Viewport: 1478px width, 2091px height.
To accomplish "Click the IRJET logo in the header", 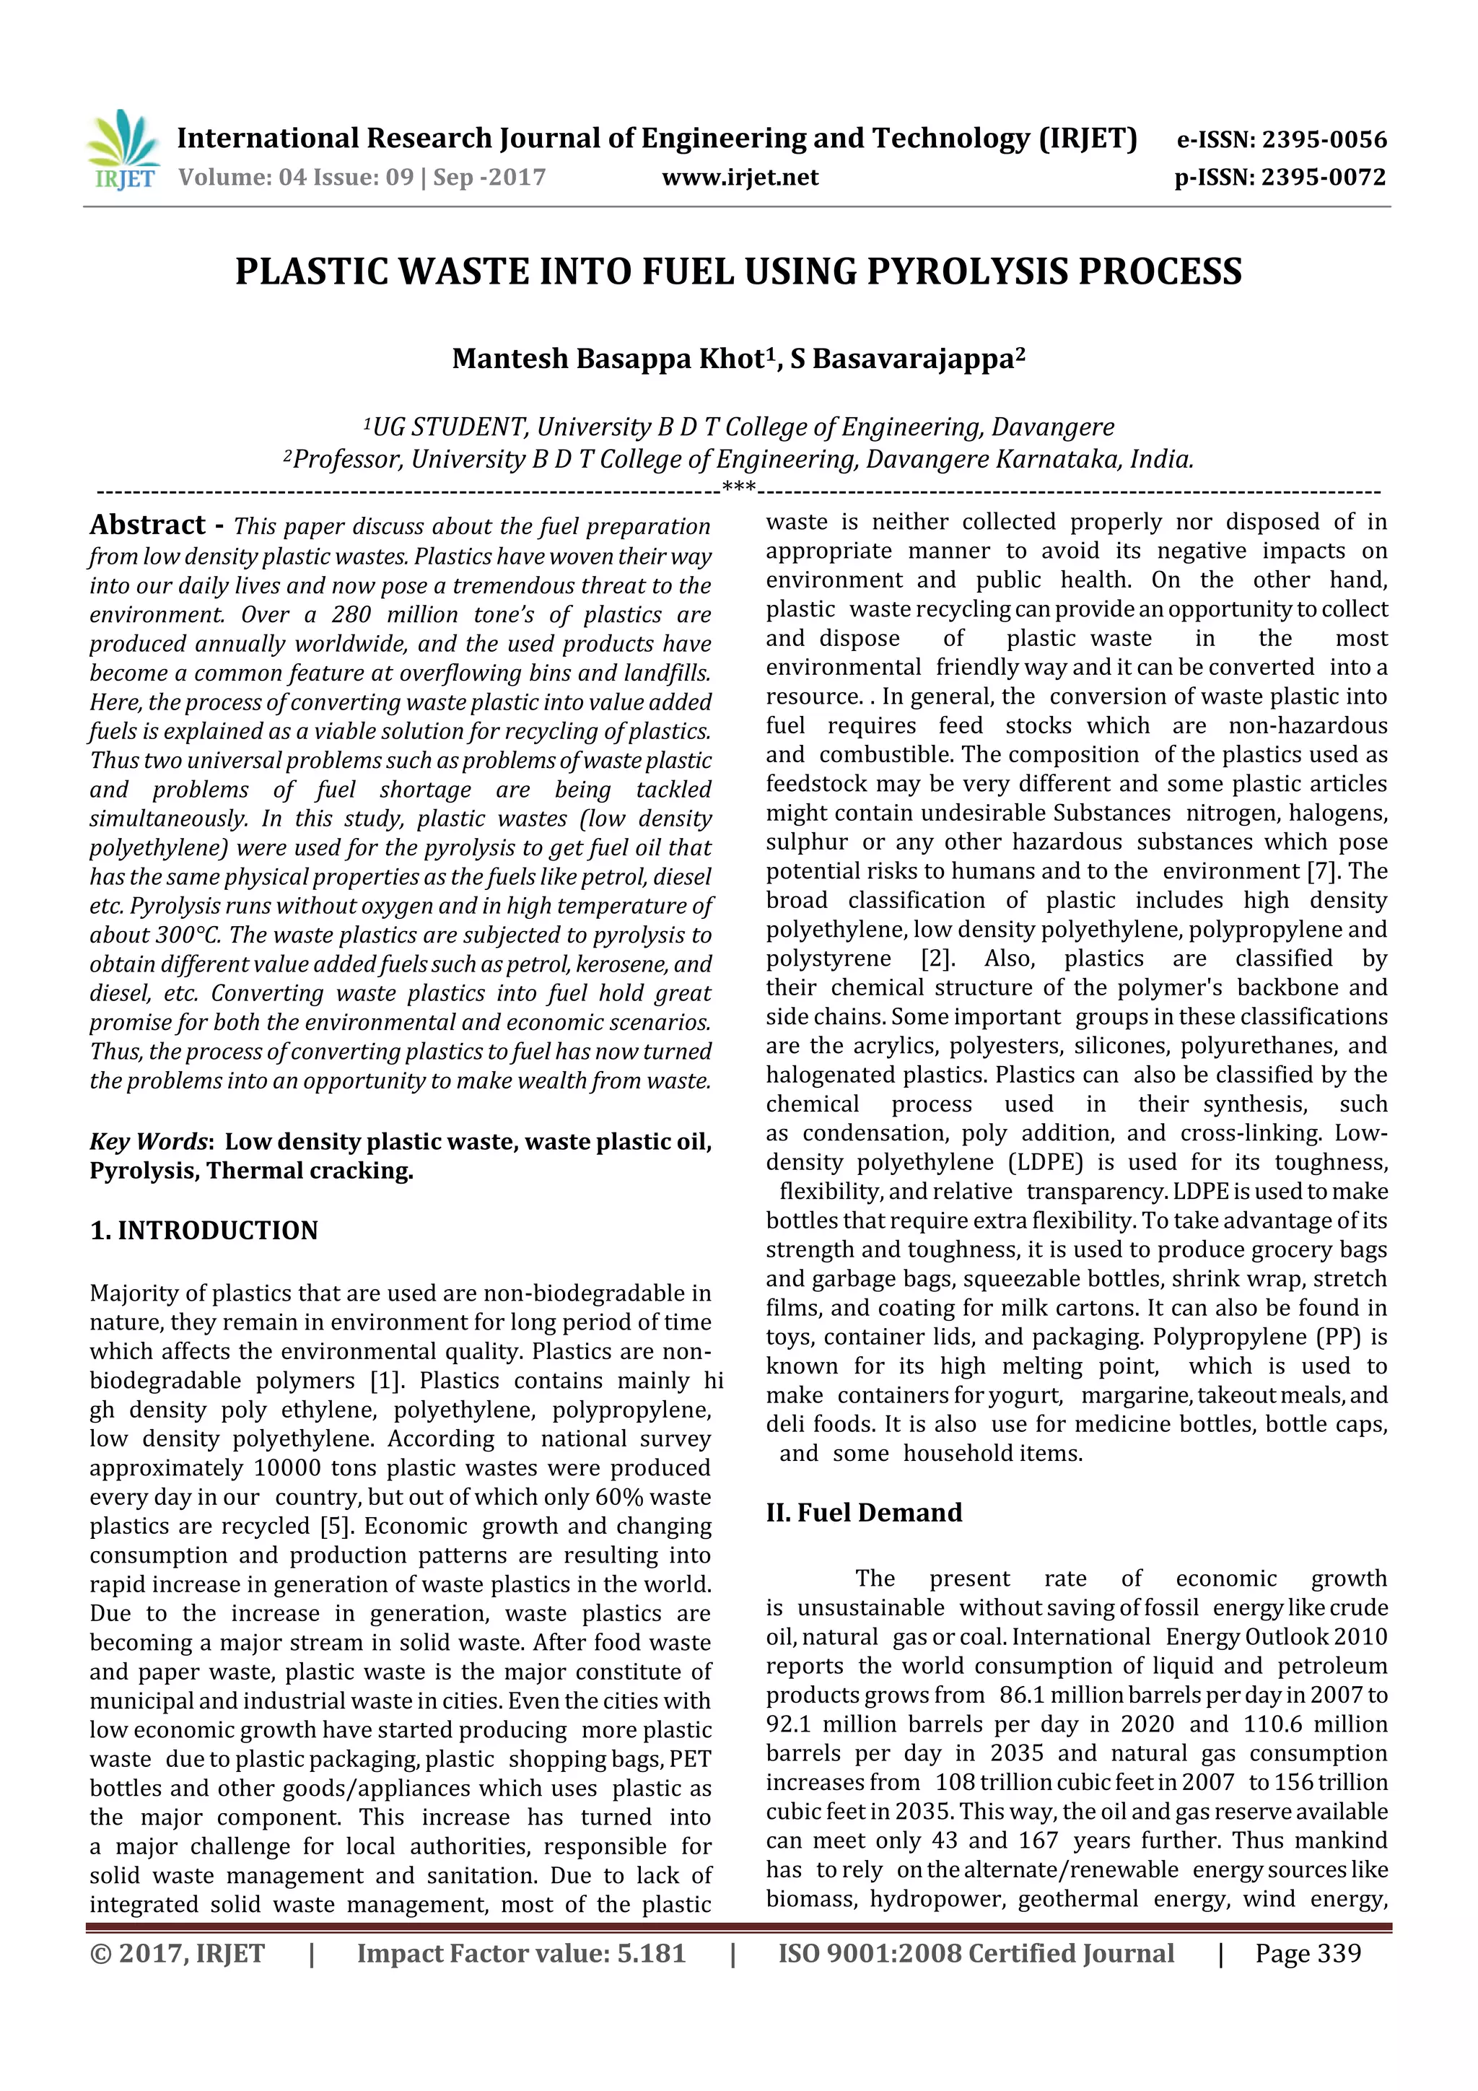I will [x=123, y=150].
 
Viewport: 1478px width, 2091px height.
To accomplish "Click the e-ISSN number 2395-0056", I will [x=1323, y=139].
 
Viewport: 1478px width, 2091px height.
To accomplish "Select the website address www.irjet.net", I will [x=740, y=178].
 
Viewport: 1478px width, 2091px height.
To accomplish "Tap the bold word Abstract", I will [x=147, y=525].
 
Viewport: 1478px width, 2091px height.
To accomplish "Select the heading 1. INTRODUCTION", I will [x=204, y=1231].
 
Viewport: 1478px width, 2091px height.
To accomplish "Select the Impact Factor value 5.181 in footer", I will [x=650, y=1953].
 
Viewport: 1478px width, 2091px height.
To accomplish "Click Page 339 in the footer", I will [x=1308, y=1953].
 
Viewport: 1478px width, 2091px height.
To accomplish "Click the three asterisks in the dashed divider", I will [x=738, y=488].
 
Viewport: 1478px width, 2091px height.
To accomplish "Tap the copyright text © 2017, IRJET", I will [x=177, y=1953].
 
